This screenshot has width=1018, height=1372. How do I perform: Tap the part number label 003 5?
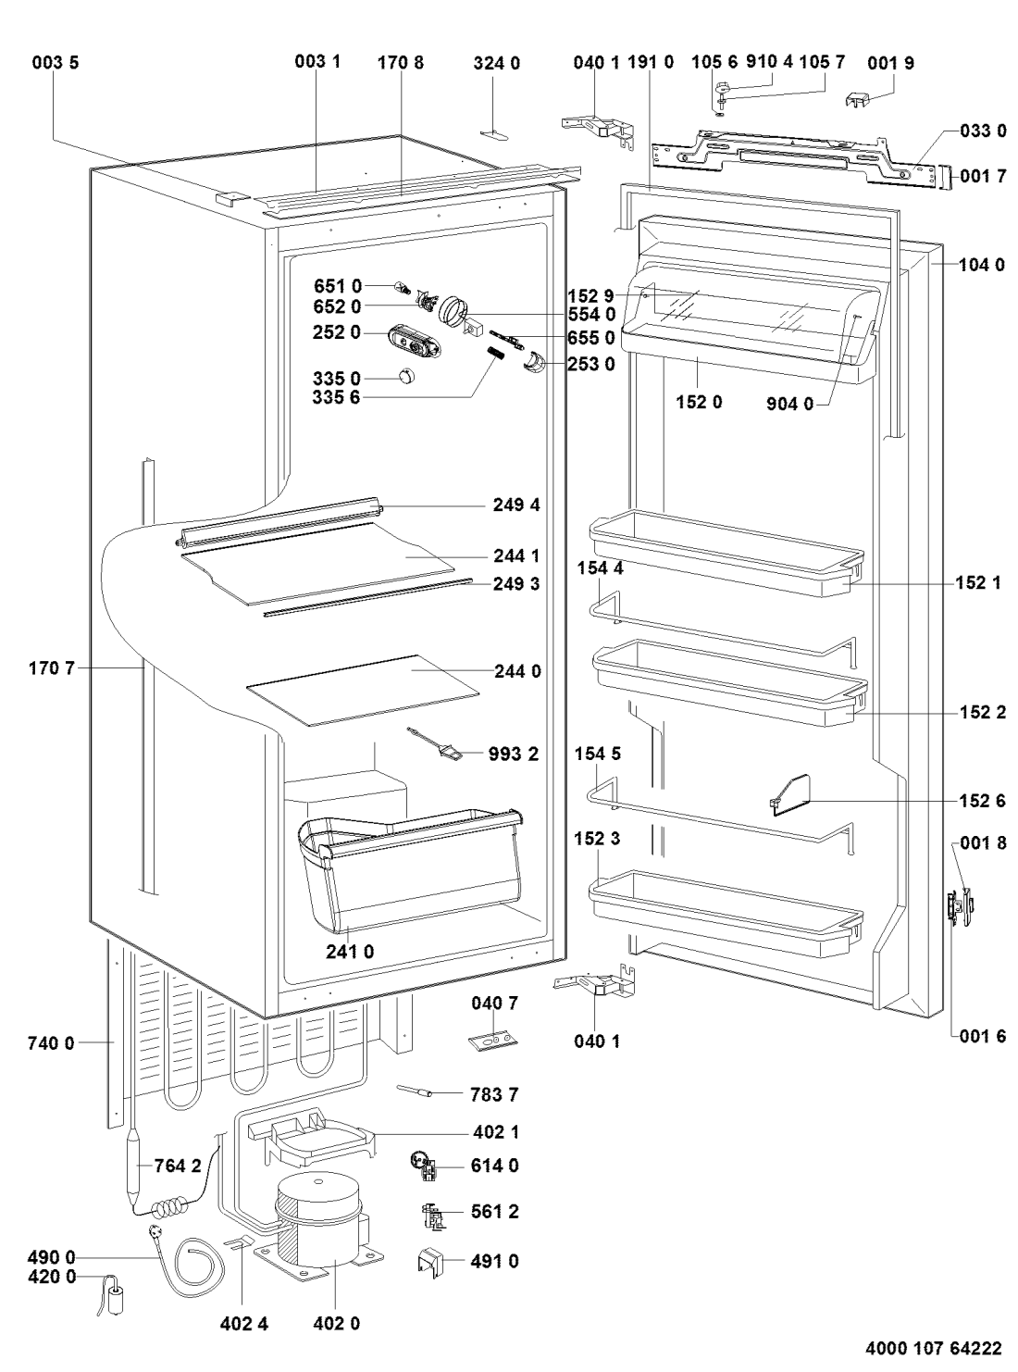coord(56,62)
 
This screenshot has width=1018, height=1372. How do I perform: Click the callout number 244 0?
coord(517,670)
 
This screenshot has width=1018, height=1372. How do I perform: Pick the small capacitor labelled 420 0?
coord(114,1294)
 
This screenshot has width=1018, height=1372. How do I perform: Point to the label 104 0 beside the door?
coord(983,265)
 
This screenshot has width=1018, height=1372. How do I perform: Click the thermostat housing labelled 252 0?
coord(415,341)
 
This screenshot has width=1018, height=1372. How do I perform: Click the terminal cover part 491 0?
coord(431,1261)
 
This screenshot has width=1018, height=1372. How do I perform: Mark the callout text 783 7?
coord(495,1095)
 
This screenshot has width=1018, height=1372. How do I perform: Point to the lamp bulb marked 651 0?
coord(403,287)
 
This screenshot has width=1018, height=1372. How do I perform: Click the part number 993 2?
coord(514,754)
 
